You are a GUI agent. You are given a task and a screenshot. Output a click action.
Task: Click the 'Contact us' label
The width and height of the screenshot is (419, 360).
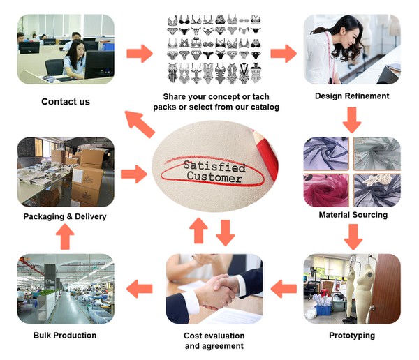coord(66,102)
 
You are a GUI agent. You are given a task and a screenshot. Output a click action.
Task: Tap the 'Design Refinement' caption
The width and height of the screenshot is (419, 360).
coord(352,96)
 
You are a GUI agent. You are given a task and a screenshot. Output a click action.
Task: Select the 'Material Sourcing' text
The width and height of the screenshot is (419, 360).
coord(353,215)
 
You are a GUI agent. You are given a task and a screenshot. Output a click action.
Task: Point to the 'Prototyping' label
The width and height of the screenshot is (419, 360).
coord(352,336)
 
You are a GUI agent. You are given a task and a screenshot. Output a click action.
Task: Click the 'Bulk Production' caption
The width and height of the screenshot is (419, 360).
coord(65,336)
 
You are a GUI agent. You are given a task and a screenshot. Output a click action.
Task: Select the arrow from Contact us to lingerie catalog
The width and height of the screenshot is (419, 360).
coord(140,53)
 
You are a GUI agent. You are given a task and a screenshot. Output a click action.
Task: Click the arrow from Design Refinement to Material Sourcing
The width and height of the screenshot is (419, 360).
coord(352,123)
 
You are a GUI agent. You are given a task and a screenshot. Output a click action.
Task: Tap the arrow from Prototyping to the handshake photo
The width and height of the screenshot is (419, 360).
coord(284,287)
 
